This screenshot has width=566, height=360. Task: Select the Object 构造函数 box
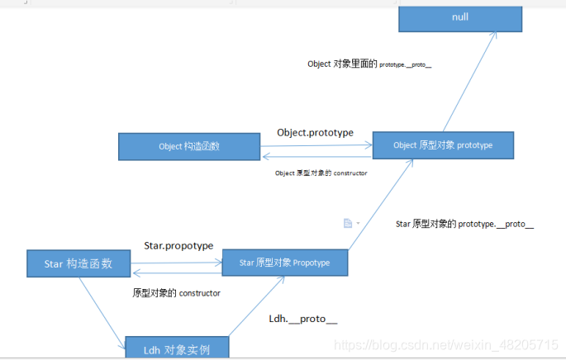189,146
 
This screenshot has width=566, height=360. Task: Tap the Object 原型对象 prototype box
443,145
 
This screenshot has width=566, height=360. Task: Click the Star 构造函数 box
79,263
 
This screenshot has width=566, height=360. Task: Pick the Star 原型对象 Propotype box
284,263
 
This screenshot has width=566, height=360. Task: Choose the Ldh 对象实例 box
176,348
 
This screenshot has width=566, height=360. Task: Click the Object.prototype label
315,132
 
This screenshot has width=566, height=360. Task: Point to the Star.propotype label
178,246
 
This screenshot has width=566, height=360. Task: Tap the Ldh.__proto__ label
303,319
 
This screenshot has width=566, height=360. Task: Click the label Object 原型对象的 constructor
321,173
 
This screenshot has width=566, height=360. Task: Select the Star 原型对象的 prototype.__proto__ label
465,224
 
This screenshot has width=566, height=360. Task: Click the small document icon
348,223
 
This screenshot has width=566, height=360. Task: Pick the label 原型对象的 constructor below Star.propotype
176,293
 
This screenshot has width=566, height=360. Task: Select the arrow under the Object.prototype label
316,145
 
